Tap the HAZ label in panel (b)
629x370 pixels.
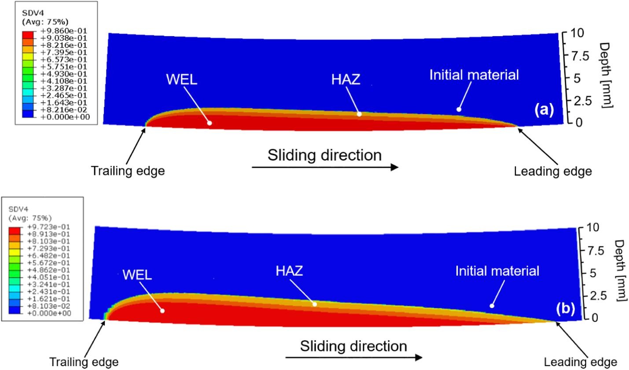(x=290, y=270)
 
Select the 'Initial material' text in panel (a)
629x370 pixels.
(x=474, y=75)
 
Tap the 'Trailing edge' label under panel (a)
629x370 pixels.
(x=128, y=171)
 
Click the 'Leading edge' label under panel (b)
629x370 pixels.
(x=581, y=362)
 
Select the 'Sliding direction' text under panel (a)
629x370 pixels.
(x=324, y=155)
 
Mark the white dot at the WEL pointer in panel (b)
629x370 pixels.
(x=162, y=311)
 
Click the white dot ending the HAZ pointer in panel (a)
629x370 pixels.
(x=359, y=114)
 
